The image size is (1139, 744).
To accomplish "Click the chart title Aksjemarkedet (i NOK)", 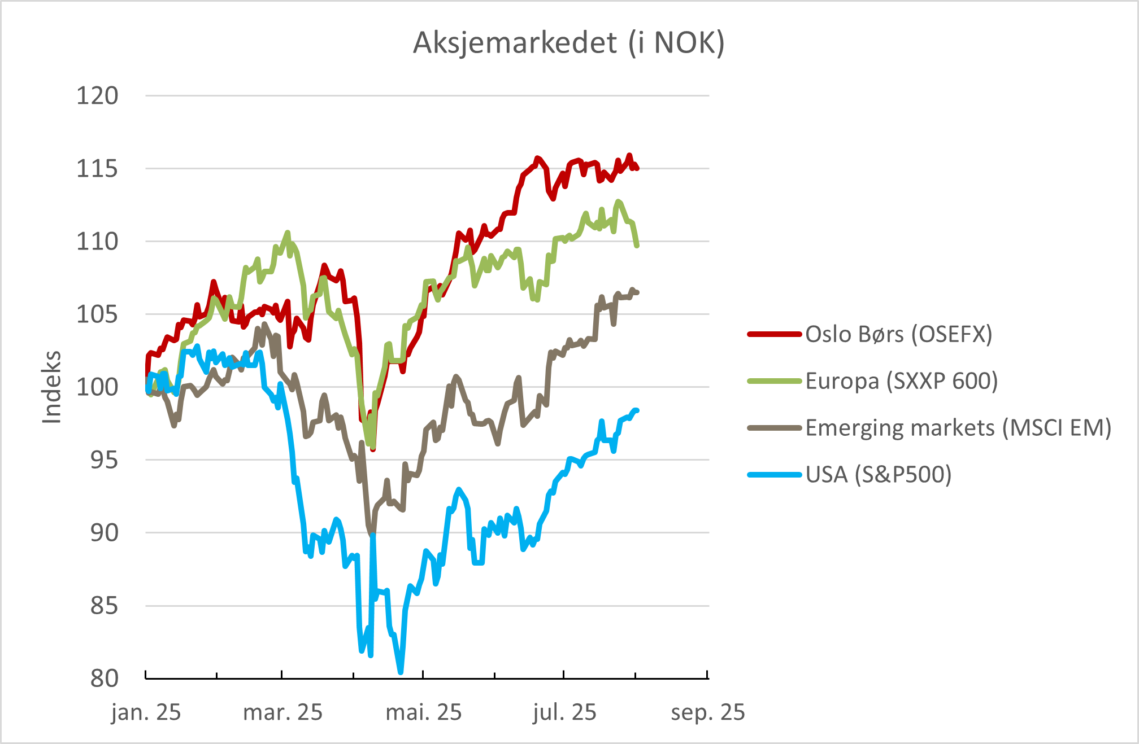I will (x=569, y=43).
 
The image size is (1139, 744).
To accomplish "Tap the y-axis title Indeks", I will (x=52, y=387).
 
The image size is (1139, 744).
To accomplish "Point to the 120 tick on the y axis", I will (x=97, y=96).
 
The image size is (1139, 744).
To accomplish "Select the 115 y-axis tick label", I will (x=97, y=169).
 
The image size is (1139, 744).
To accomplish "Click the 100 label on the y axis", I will (x=97, y=387).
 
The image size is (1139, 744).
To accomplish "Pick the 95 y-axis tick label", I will (x=105, y=460).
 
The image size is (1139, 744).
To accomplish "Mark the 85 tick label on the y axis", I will (x=105, y=606).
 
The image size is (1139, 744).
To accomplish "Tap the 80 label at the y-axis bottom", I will (x=105, y=679).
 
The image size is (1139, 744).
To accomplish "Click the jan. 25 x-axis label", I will (x=146, y=712).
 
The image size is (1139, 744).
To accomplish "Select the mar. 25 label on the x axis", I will (x=282, y=712).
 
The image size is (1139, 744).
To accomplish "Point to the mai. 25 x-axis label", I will (x=424, y=712).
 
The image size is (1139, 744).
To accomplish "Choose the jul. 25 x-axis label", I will (x=564, y=712).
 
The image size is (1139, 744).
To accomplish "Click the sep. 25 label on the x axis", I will (x=708, y=712).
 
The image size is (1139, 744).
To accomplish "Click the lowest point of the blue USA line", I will (x=401, y=672).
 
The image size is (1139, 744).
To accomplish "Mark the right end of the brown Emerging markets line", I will (x=637, y=292).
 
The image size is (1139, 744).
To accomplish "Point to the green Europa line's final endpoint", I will (x=637, y=246).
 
